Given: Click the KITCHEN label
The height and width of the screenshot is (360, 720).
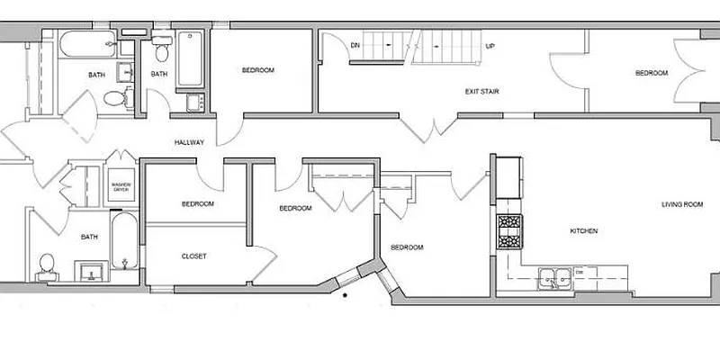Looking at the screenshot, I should coord(584,231).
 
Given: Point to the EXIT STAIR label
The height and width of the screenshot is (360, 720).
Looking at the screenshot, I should coord(482,91).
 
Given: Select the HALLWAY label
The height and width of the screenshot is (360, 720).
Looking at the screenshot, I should coord(190,142).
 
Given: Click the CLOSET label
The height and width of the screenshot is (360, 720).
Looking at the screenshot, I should coord(194,256).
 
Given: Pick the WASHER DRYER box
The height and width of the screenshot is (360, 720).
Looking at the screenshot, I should coord(121,187).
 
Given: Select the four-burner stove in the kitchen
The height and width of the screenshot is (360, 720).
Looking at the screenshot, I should coord(509,231).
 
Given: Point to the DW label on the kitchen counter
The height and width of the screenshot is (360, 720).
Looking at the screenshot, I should coord(580,270).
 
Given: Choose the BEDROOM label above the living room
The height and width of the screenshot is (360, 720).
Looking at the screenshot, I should coord(652,73).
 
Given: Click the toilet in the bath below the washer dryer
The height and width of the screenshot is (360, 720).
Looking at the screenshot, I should coord(47,265).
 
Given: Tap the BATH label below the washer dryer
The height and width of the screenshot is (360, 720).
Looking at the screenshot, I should coord(89,238).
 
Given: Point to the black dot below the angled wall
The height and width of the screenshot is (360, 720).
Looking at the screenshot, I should coord(346,295).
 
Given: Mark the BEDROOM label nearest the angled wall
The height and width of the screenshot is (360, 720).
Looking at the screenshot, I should coord(407,247).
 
